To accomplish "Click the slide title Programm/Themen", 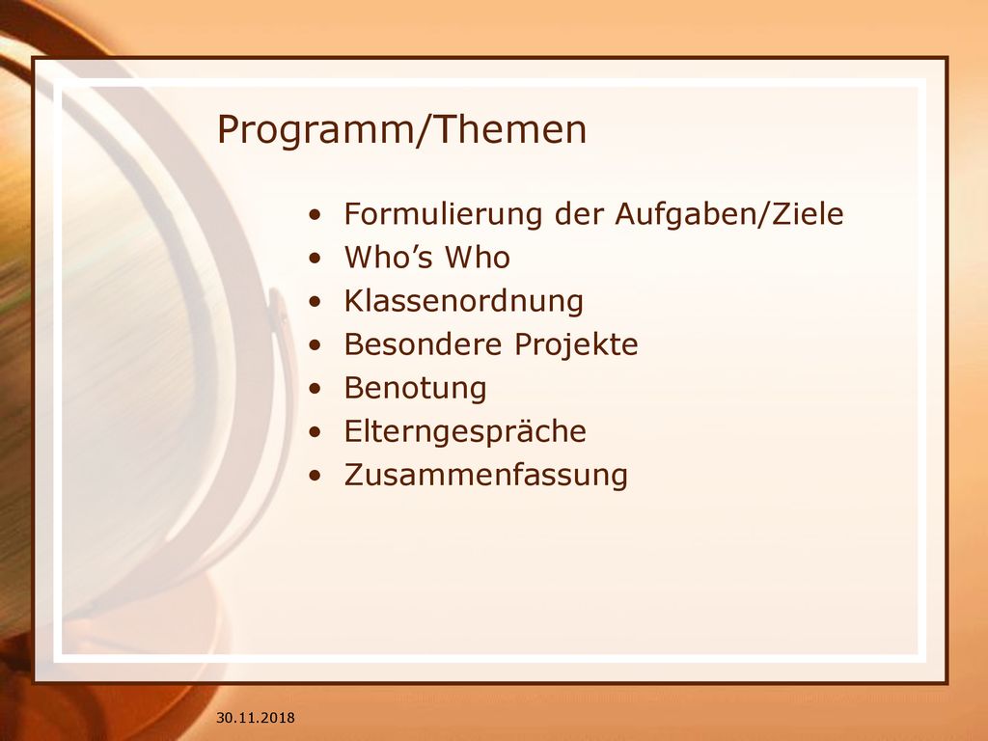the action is tap(401, 130).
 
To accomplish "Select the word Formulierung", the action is tap(443, 213).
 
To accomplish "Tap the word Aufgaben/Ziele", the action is tap(729, 213).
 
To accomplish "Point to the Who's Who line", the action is tap(426, 257).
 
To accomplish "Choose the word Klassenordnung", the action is tap(464, 301).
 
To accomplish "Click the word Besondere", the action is tap(423, 344).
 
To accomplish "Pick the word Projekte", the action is tap(576, 344).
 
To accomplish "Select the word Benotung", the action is tap(415, 388).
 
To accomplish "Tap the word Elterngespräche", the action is tap(465, 431).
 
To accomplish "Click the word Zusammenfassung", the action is tap(486, 475).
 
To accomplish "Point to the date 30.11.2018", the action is tap(255, 717).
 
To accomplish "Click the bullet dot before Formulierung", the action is tap(316, 215).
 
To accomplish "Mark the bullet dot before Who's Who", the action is tap(316, 259).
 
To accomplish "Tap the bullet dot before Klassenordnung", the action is tap(316, 302).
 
